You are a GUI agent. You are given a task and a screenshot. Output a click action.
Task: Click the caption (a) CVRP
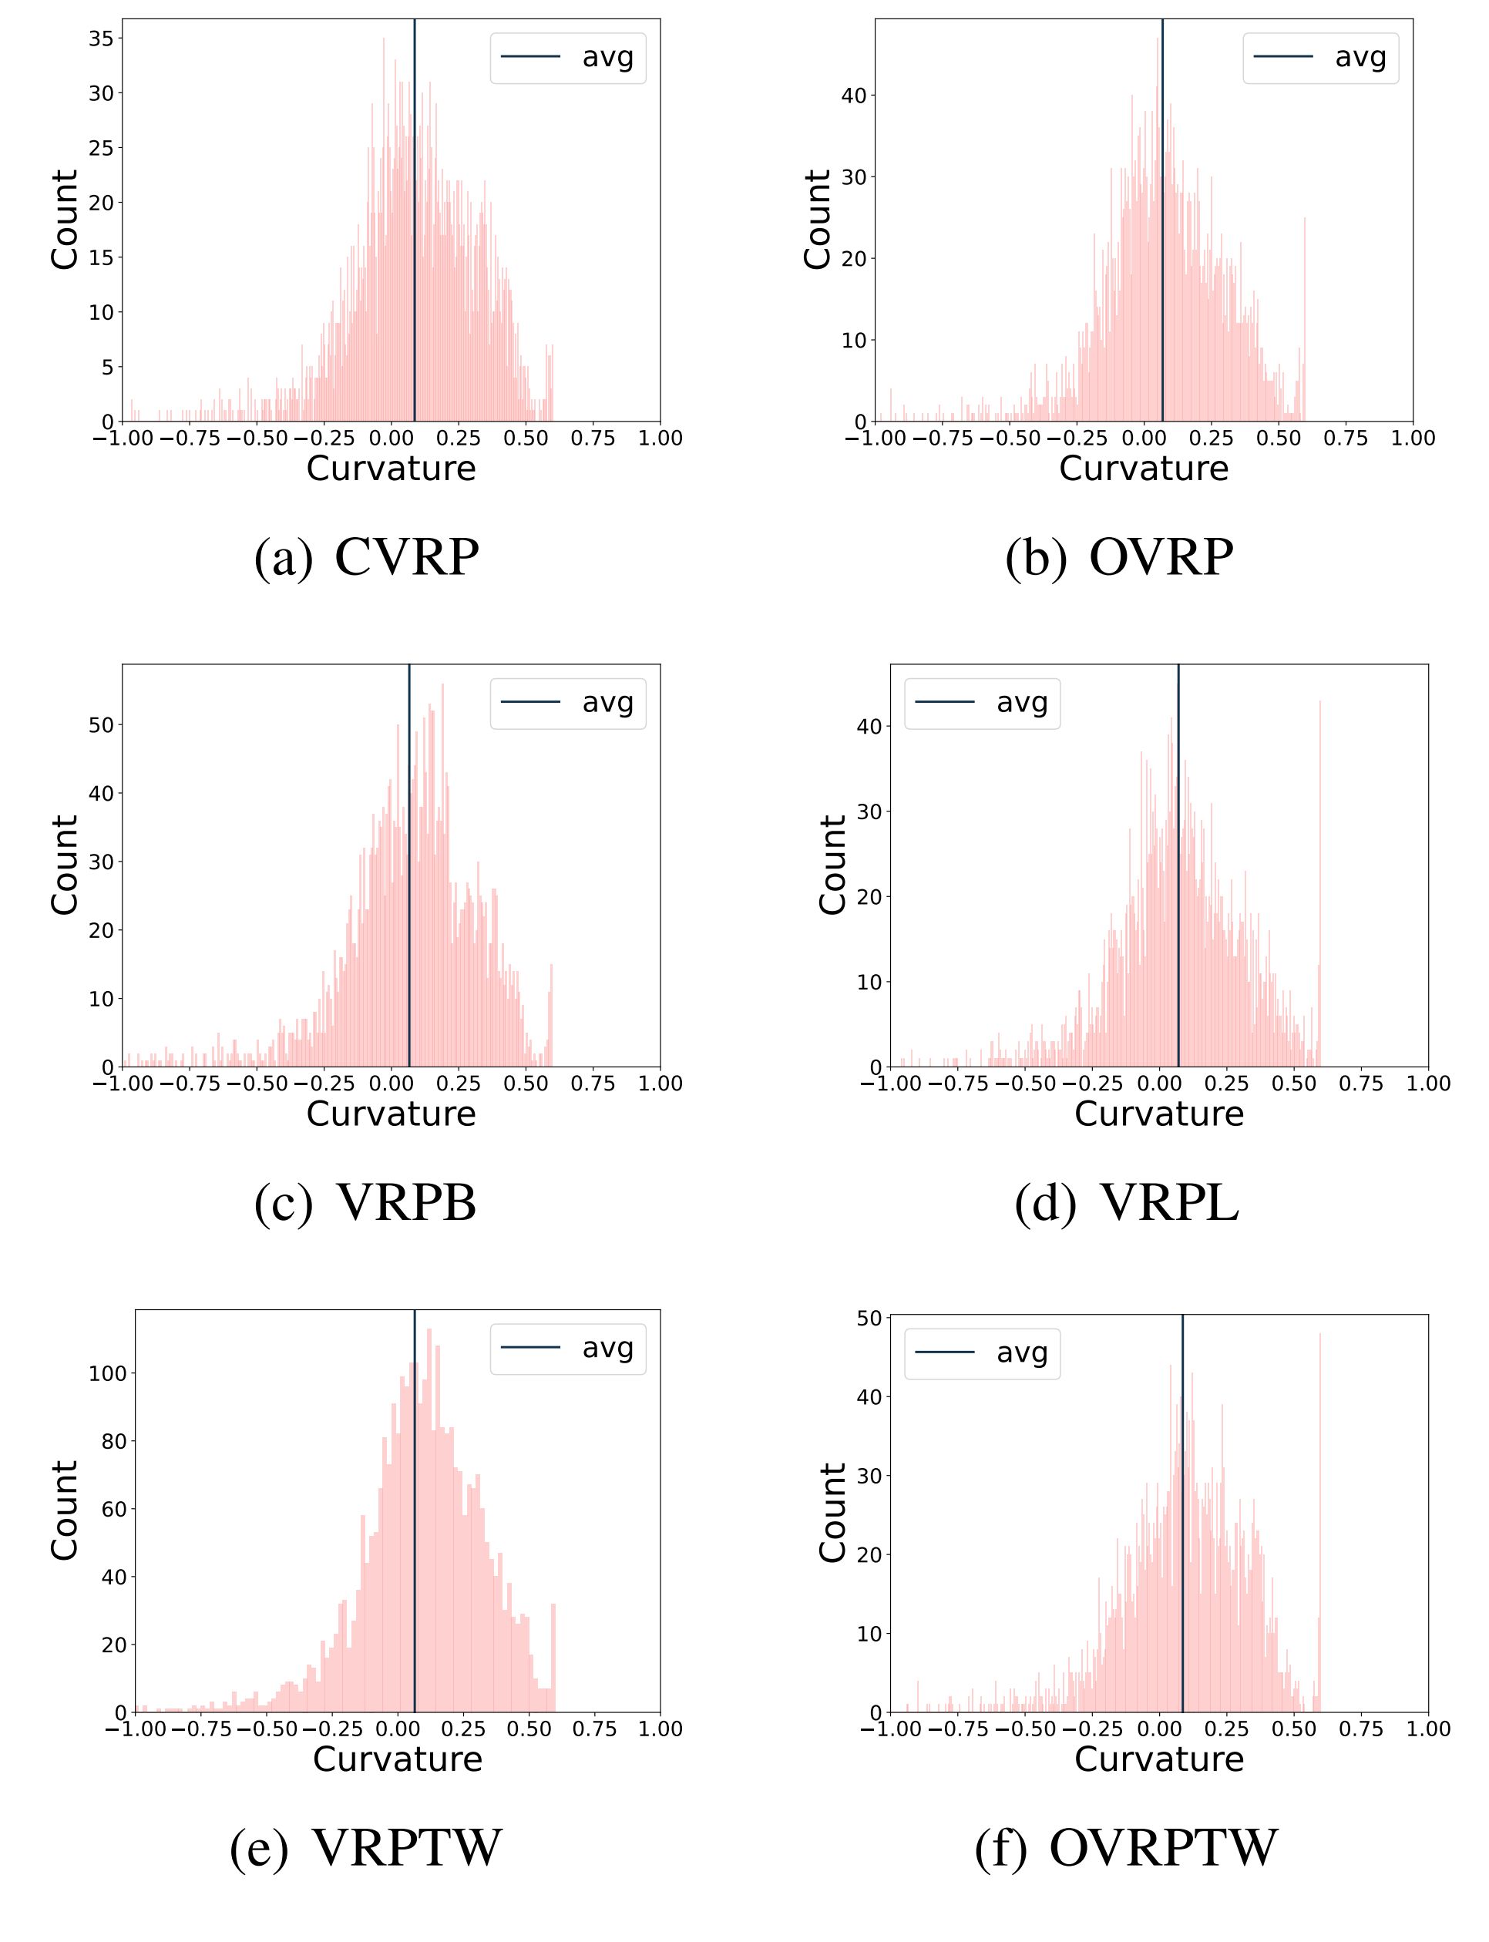(366, 557)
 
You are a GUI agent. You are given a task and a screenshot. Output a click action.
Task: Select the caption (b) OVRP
(1118, 557)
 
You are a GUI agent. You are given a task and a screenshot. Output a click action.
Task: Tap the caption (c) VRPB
(365, 1203)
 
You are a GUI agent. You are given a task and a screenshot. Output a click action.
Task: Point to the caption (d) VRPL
(1127, 1203)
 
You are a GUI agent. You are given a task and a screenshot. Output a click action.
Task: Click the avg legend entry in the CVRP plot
(568, 58)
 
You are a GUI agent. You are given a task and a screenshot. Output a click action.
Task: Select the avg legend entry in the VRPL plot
(982, 703)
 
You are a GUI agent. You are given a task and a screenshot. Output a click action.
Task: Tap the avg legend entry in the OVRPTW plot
(982, 1353)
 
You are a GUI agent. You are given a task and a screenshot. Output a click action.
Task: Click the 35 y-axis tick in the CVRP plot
(101, 38)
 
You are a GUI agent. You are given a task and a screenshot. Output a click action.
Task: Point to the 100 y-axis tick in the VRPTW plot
(107, 1374)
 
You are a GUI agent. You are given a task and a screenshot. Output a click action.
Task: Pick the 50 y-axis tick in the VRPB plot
(101, 725)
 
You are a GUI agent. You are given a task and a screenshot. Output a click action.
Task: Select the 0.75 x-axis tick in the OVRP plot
(1346, 438)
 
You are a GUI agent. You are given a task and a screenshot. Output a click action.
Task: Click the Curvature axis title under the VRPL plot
(1158, 1114)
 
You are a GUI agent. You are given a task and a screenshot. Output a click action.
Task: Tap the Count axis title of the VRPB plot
(65, 865)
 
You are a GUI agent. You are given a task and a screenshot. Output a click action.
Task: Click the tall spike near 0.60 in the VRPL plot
(1319, 886)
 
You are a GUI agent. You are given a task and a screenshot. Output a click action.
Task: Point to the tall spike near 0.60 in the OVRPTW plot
(1319, 1524)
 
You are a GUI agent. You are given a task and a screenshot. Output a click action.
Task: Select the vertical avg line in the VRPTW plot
(415, 1507)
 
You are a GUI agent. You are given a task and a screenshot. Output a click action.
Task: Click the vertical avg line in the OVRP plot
(1163, 222)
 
